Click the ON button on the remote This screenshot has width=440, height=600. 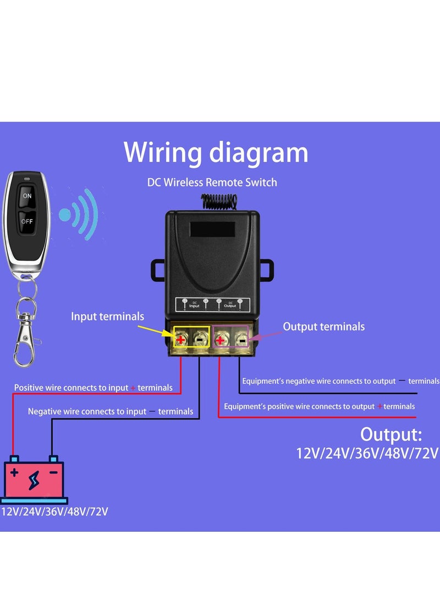(x=27, y=196)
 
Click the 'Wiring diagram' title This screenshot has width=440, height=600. (x=216, y=152)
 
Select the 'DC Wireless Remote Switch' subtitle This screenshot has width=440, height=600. (x=212, y=182)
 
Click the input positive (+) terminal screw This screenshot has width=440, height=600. (x=181, y=340)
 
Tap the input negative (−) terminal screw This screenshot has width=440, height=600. (x=199, y=340)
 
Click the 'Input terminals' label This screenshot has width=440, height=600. (x=107, y=316)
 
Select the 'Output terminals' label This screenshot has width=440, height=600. (x=323, y=327)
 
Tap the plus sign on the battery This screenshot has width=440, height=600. (x=14, y=472)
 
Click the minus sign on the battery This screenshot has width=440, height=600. (x=53, y=472)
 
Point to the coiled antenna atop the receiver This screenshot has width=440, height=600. (x=220, y=201)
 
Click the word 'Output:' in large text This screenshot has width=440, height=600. (x=391, y=434)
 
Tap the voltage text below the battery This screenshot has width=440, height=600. (x=54, y=511)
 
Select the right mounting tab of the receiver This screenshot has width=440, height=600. (x=267, y=269)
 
